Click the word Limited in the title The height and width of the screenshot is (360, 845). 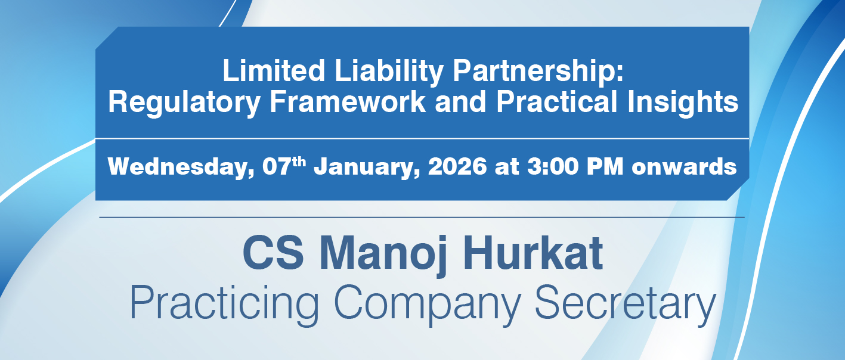[274, 70]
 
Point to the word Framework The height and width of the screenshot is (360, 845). [348, 101]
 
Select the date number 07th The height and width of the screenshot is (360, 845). [284, 166]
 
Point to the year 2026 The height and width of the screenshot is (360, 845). [457, 166]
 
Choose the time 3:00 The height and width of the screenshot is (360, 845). [553, 166]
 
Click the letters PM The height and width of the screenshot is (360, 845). [605, 166]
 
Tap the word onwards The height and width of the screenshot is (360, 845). [684, 167]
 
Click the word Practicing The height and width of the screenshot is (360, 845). [224, 304]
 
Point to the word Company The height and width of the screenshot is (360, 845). [428, 304]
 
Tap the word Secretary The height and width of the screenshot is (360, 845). [626, 304]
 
